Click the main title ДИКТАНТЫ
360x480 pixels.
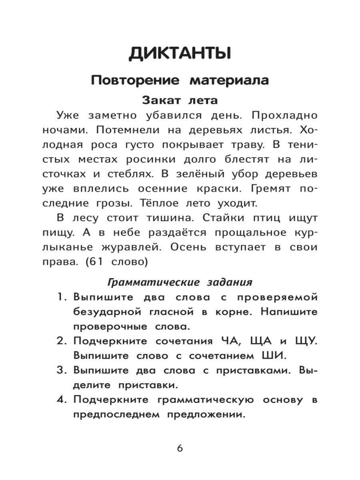coord(180,54)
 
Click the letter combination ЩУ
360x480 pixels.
coord(304,341)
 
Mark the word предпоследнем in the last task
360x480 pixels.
coord(115,414)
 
